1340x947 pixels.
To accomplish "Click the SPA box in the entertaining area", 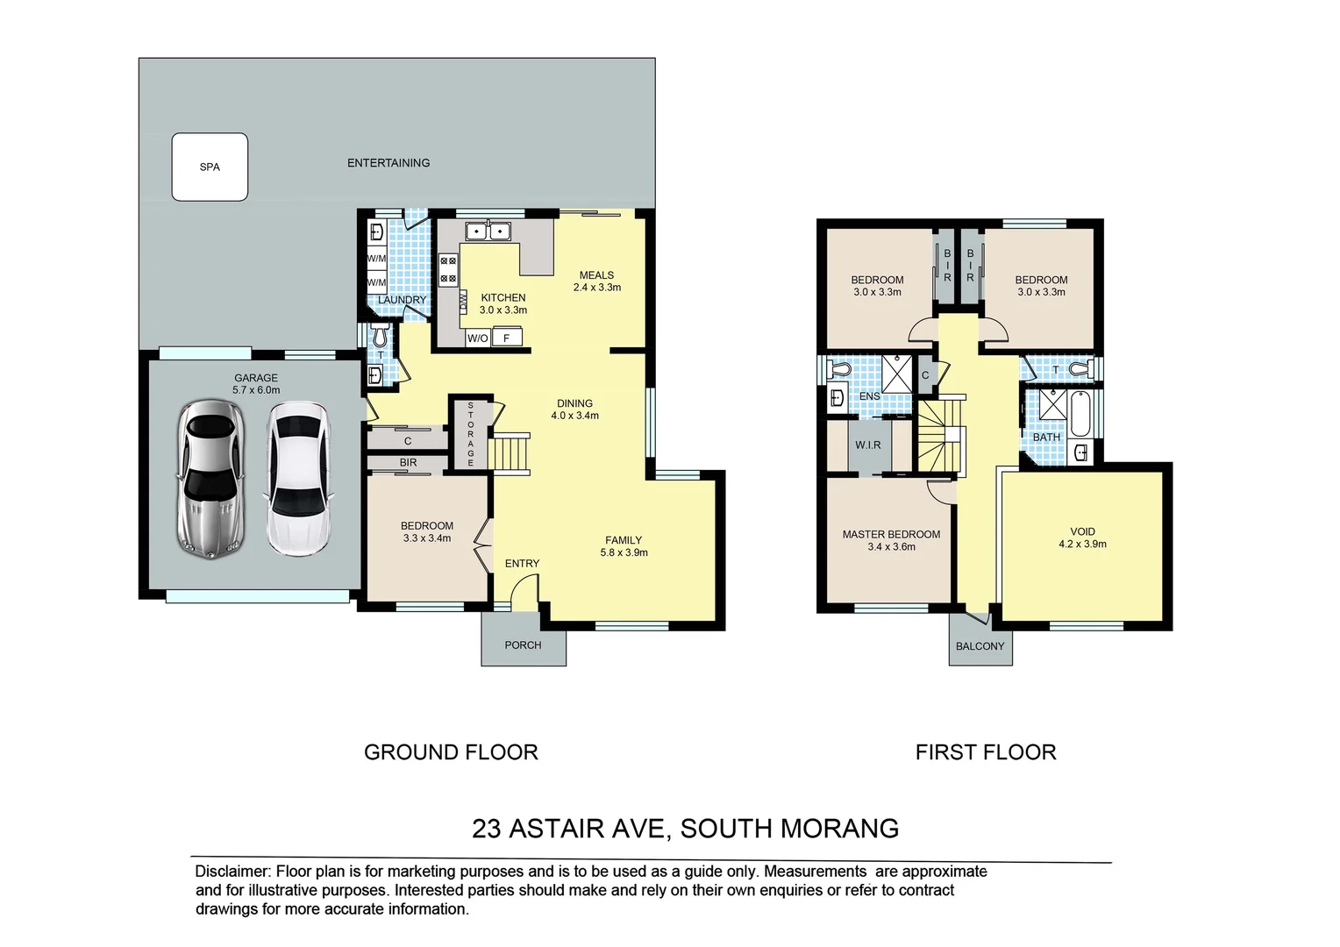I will pyautogui.click(x=210, y=167).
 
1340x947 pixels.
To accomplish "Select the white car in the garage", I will pyautogui.click(x=299, y=478).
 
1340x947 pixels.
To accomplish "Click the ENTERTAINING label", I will pyautogui.click(x=388, y=163).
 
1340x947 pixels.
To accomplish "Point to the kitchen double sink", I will pyautogui.click(x=488, y=231).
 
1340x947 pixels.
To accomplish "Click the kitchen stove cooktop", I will pyautogui.click(x=448, y=269).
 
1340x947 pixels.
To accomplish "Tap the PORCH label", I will pyautogui.click(x=523, y=645).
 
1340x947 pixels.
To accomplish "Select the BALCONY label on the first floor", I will pyautogui.click(x=980, y=646).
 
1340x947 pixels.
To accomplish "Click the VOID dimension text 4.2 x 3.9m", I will pyautogui.click(x=1082, y=545).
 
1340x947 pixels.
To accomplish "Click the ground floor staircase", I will pyautogui.click(x=510, y=454).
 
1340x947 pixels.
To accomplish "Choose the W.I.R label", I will pyautogui.click(x=868, y=445).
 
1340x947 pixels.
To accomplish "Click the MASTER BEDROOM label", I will pyautogui.click(x=891, y=534).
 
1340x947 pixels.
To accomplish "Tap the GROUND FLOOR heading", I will pyautogui.click(x=451, y=752).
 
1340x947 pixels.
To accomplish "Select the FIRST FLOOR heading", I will pyautogui.click(x=986, y=752).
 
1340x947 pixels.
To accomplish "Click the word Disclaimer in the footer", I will pyautogui.click(x=232, y=872).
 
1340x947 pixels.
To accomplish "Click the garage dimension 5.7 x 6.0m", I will pyautogui.click(x=256, y=390).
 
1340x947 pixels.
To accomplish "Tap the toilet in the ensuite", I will pyautogui.click(x=839, y=369).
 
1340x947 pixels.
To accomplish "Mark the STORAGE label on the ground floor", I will pyautogui.click(x=471, y=434).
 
